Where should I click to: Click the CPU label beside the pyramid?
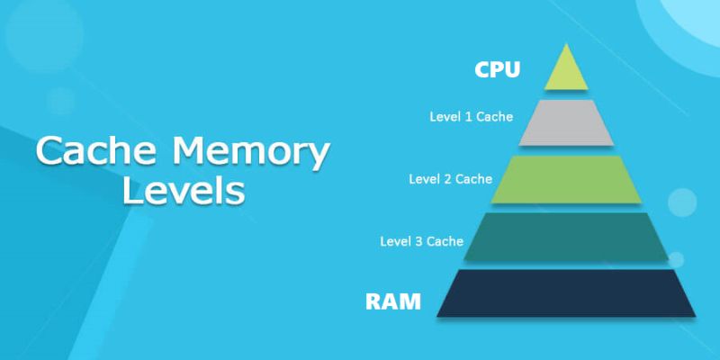pyautogui.click(x=498, y=69)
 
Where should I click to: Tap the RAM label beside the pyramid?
pyautogui.click(x=392, y=301)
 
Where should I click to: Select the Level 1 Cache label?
pyautogui.click(x=472, y=116)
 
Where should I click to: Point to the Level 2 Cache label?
pyautogui.click(x=450, y=178)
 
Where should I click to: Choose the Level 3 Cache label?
pyautogui.click(x=421, y=240)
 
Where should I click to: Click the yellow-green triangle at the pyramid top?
pyautogui.click(x=566, y=72)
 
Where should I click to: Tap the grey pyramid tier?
pyautogui.click(x=566, y=123)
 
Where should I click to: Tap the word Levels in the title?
pyautogui.click(x=184, y=191)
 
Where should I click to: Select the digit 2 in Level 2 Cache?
pyautogui.click(x=446, y=178)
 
